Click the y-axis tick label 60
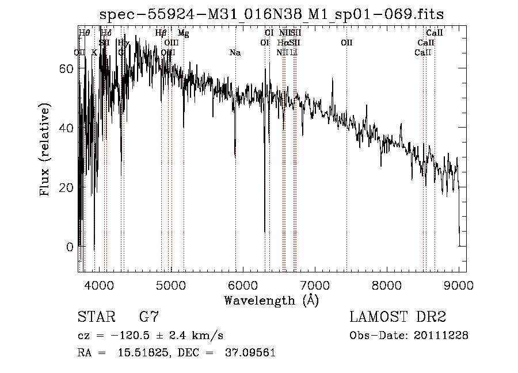tap(67, 68)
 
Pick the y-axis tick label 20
tap(67, 187)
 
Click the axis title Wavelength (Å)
tap(271, 300)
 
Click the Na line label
tap(235, 53)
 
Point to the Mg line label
tap(183, 33)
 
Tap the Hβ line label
tap(161, 33)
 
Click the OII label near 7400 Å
tap(346, 43)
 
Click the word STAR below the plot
tap(95, 317)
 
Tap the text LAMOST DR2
tap(397, 317)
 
